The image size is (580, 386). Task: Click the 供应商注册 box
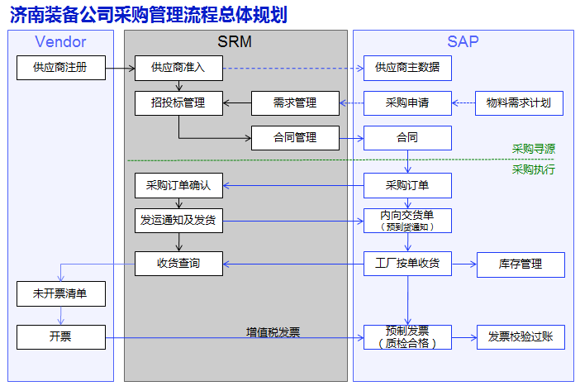pyautogui.click(x=61, y=68)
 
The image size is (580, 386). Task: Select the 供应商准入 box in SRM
pyautogui.click(x=178, y=68)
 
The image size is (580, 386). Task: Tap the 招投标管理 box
pyautogui.click(x=178, y=103)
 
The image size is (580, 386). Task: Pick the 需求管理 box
pyautogui.click(x=295, y=103)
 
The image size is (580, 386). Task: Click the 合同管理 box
pyautogui.click(x=295, y=138)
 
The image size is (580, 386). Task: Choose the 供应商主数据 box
pyautogui.click(x=407, y=68)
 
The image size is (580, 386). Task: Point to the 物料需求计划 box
pyautogui.click(x=520, y=103)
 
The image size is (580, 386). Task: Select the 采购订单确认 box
pyautogui.click(x=178, y=185)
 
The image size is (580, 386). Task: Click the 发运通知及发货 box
pyautogui.click(x=178, y=221)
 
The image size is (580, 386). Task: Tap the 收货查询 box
pyautogui.click(x=178, y=264)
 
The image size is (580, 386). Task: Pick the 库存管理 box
pyautogui.click(x=521, y=264)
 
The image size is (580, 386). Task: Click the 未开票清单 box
pyautogui.click(x=61, y=294)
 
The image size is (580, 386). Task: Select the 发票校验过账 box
pyautogui.click(x=521, y=337)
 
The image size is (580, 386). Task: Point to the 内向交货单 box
pyautogui.click(x=407, y=221)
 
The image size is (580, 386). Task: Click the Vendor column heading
pyautogui.click(x=60, y=42)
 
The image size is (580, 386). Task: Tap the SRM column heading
pyautogui.click(x=235, y=42)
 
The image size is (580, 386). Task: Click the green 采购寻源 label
pyautogui.click(x=534, y=149)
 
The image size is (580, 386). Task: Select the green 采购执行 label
pyautogui.click(x=534, y=169)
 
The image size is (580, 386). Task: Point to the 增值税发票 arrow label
pyautogui.click(x=273, y=332)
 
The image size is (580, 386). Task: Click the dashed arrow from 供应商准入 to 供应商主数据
pyautogui.click(x=293, y=68)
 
